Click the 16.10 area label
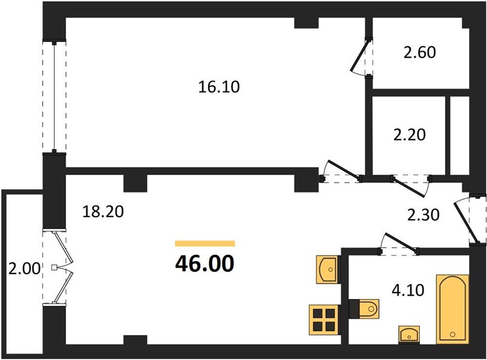point(219,87)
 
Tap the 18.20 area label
point(103,212)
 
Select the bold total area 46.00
point(205,264)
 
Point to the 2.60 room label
point(420,52)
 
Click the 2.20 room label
point(410,135)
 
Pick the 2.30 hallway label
point(423,215)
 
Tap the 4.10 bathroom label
point(408,291)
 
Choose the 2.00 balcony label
point(24,269)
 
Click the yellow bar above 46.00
point(205,244)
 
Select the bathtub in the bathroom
point(453,309)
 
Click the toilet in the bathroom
point(364,309)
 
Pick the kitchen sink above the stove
point(327,269)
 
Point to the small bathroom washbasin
point(410,335)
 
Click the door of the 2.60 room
point(360,58)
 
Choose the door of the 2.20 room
point(411,186)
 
